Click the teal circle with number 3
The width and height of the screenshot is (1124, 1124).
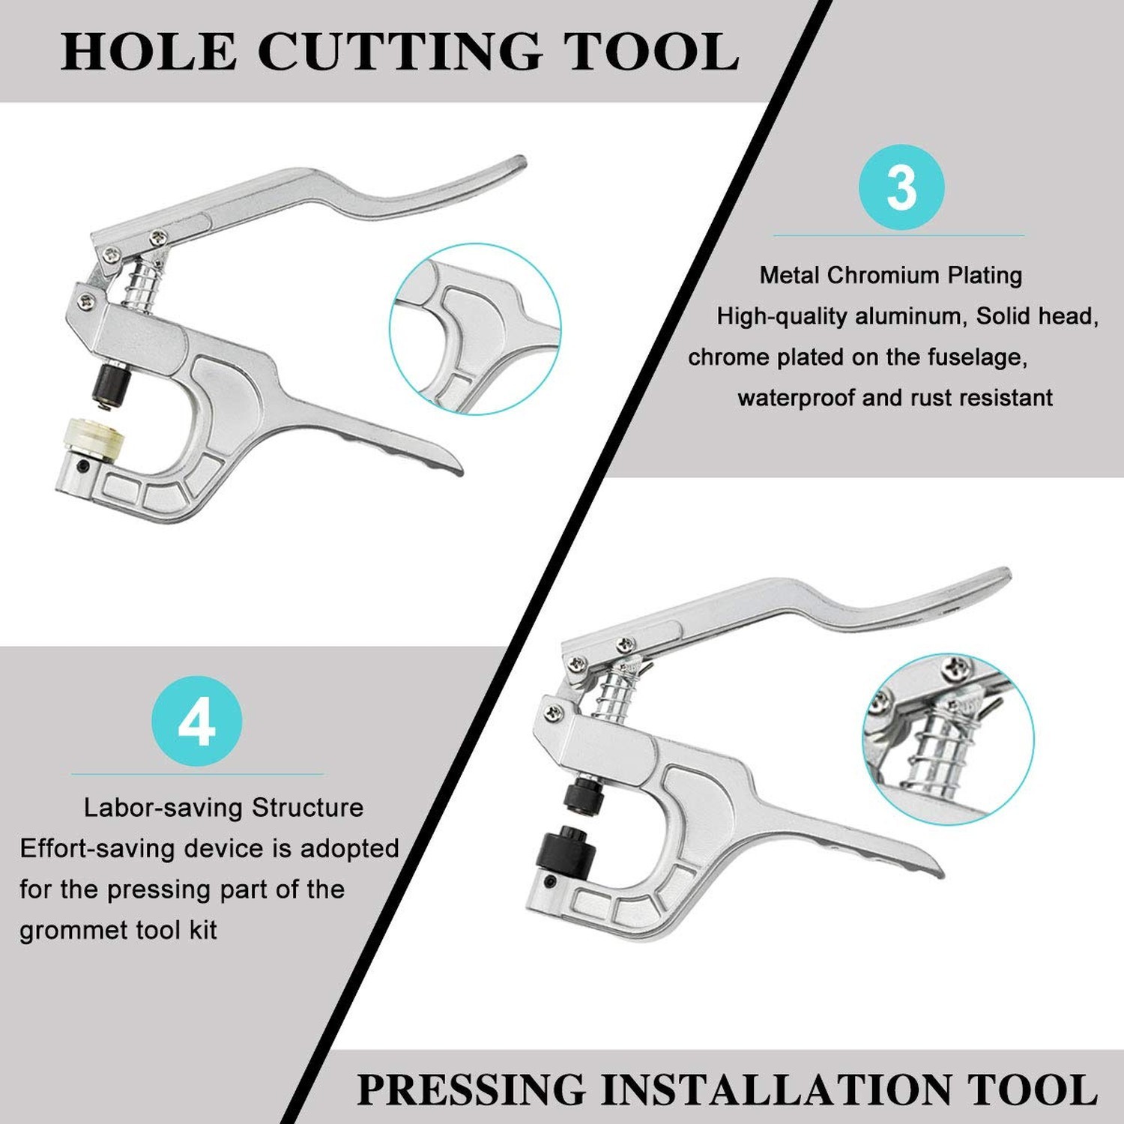tap(901, 187)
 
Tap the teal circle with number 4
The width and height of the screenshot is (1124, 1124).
tap(197, 722)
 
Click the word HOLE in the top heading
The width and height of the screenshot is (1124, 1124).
tap(148, 52)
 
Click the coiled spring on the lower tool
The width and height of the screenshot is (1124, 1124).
tap(617, 692)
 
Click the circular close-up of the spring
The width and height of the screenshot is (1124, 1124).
tap(948, 738)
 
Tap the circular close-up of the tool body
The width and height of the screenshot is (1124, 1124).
tap(475, 329)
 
